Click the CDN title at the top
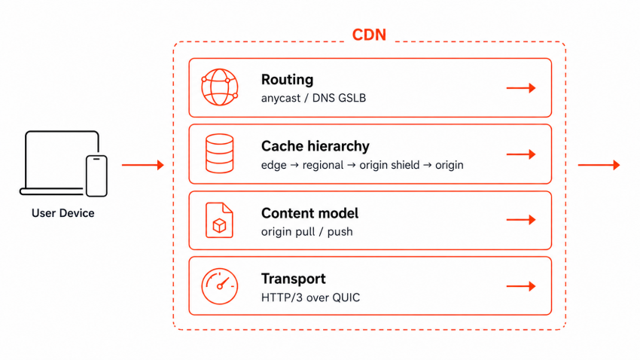click(369, 35)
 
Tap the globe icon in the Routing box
click(220, 87)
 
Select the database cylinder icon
click(220, 154)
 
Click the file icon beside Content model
click(219, 220)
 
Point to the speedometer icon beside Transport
click(220, 286)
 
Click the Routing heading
click(288, 80)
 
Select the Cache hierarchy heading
click(315, 146)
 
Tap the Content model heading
click(309, 213)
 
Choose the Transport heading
click(294, 279)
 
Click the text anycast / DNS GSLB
click(313, 98)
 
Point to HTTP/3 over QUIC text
click(310, 297)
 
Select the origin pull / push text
click(307, 232)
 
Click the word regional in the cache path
click(322, 165)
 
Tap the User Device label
click(62, 213)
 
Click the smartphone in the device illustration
click(96, 176)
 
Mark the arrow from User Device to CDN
click(142, 165)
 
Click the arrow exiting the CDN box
click(599, 165)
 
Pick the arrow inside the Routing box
click(521, 88)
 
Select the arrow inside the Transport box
click(521, 286)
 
